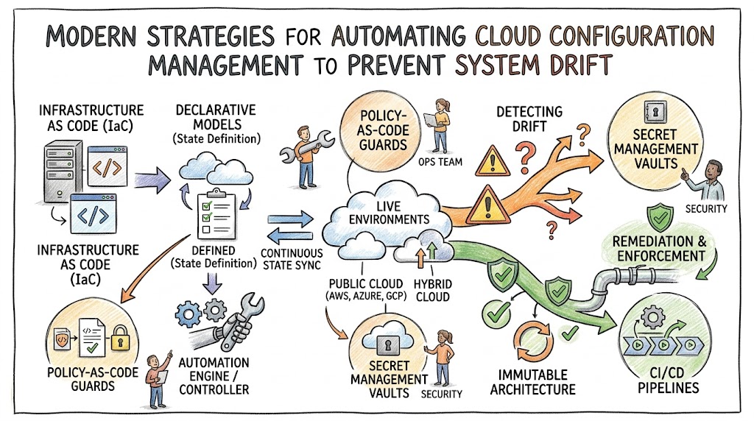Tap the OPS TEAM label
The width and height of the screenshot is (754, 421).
[x=440, y=162]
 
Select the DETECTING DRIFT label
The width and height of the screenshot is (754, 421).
[x=529, y=119]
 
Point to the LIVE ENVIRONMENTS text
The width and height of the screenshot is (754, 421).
[x=389, y=213]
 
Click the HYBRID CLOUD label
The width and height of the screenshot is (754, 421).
[x=432, y=290]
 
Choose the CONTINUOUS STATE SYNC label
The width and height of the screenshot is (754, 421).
[x=292, y=259]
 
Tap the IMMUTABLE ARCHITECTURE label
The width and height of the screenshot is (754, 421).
[x=532, y=382]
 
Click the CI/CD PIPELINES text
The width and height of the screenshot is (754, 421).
[x=668, y=380]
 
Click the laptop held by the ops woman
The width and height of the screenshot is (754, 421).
[x=432, y=121]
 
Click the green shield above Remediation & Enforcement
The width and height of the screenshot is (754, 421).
[x=660, y=218]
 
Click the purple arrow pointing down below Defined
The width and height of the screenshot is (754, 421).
[x=212, y=283]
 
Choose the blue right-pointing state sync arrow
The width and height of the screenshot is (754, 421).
[x=290, y=219]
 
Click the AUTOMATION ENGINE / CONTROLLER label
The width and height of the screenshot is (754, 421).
[x=214, y=376]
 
